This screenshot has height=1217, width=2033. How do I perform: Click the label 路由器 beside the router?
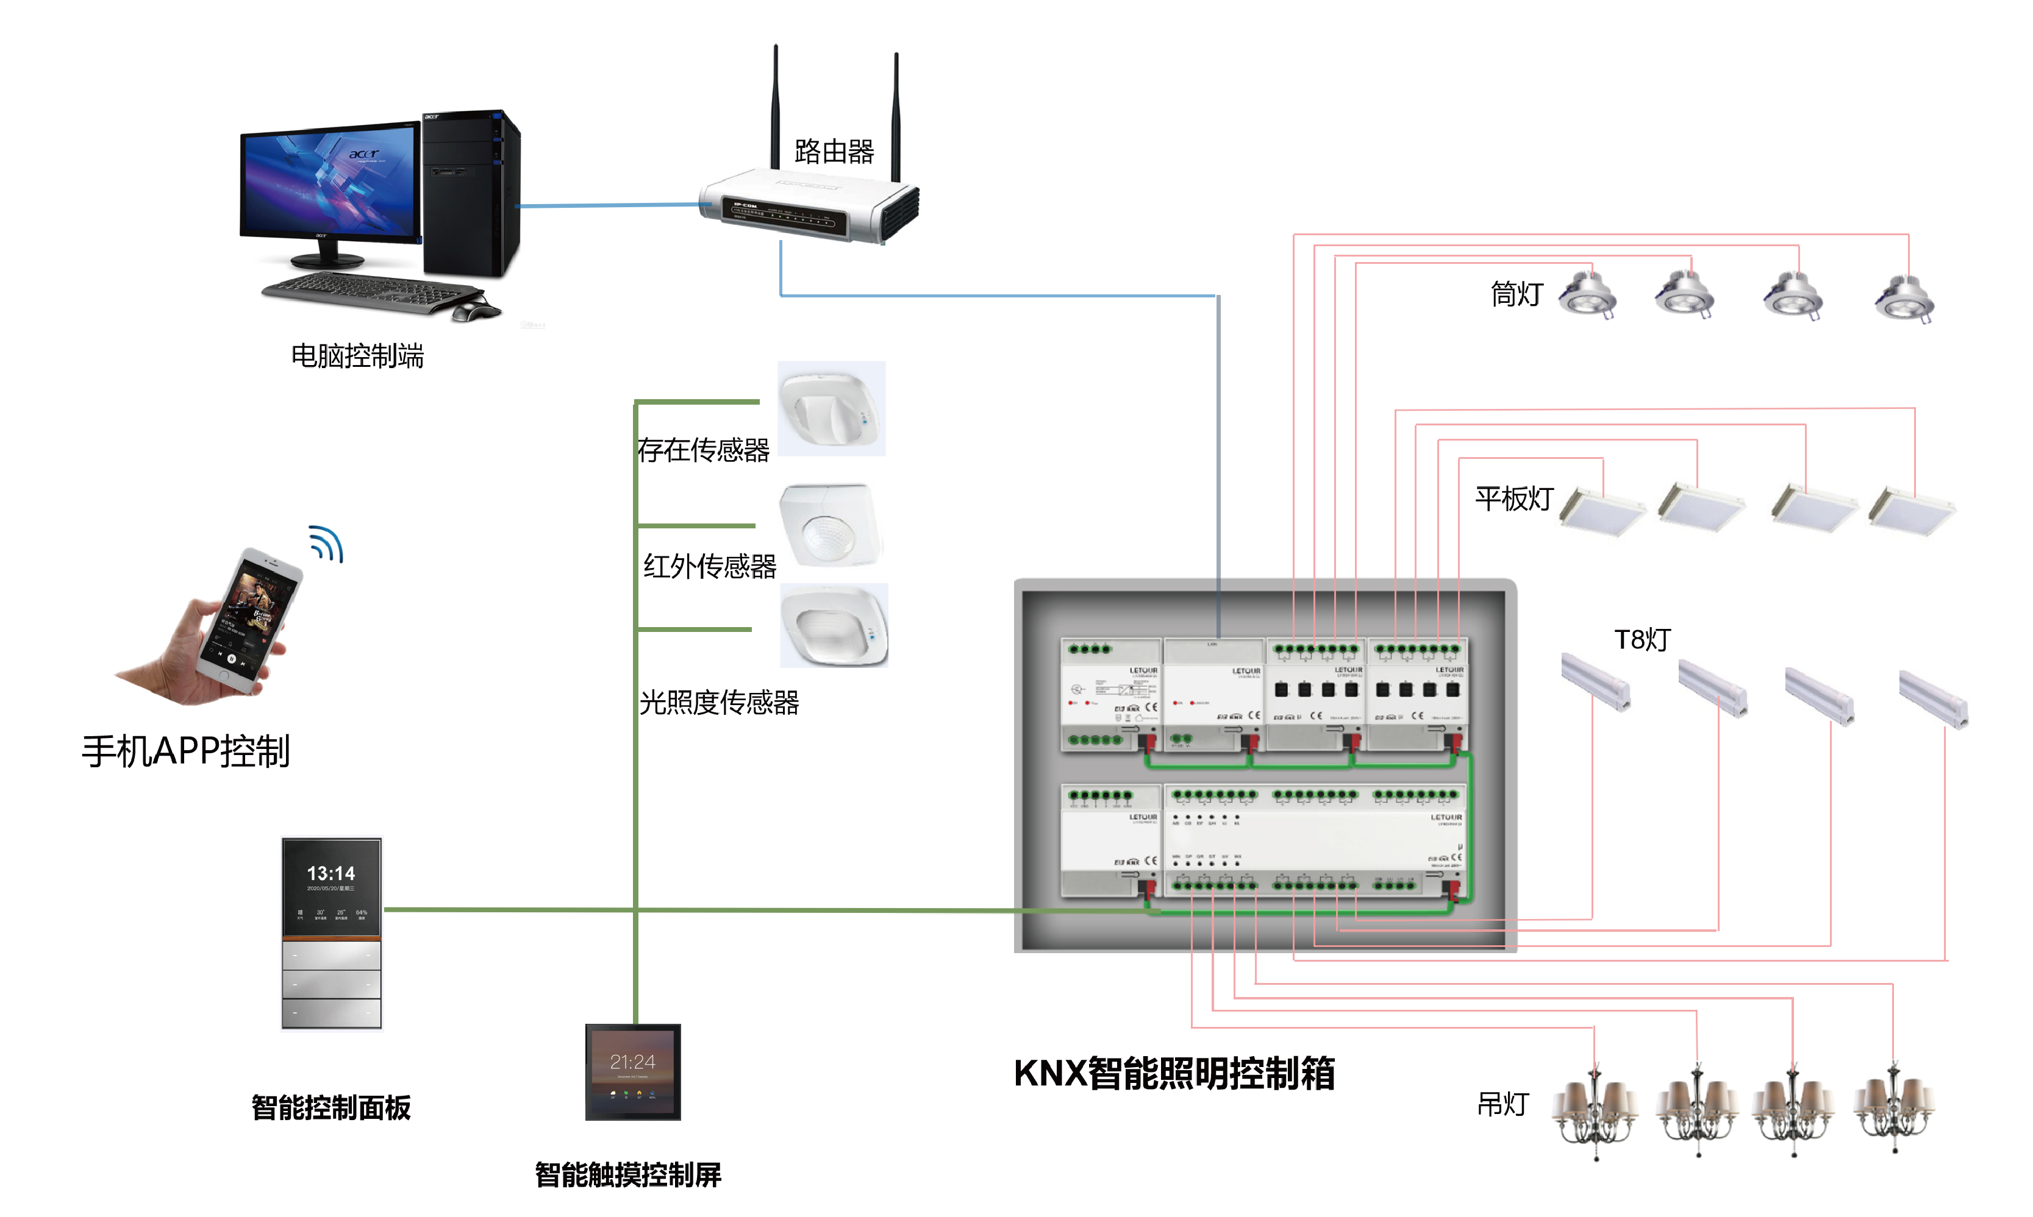point(834,152)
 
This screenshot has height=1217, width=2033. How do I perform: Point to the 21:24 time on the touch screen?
point(632,1062)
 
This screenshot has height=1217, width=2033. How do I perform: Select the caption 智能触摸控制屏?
point(627,1174)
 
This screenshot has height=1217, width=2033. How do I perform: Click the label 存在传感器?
point(703,449)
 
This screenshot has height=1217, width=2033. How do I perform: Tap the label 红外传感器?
point(710,566)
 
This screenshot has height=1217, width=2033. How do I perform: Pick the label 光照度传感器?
point(719,702)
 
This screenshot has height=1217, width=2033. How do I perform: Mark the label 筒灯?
point(1517,294)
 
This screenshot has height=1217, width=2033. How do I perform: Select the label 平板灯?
point(1513,498)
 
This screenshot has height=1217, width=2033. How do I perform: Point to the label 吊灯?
point(1502,1104)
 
